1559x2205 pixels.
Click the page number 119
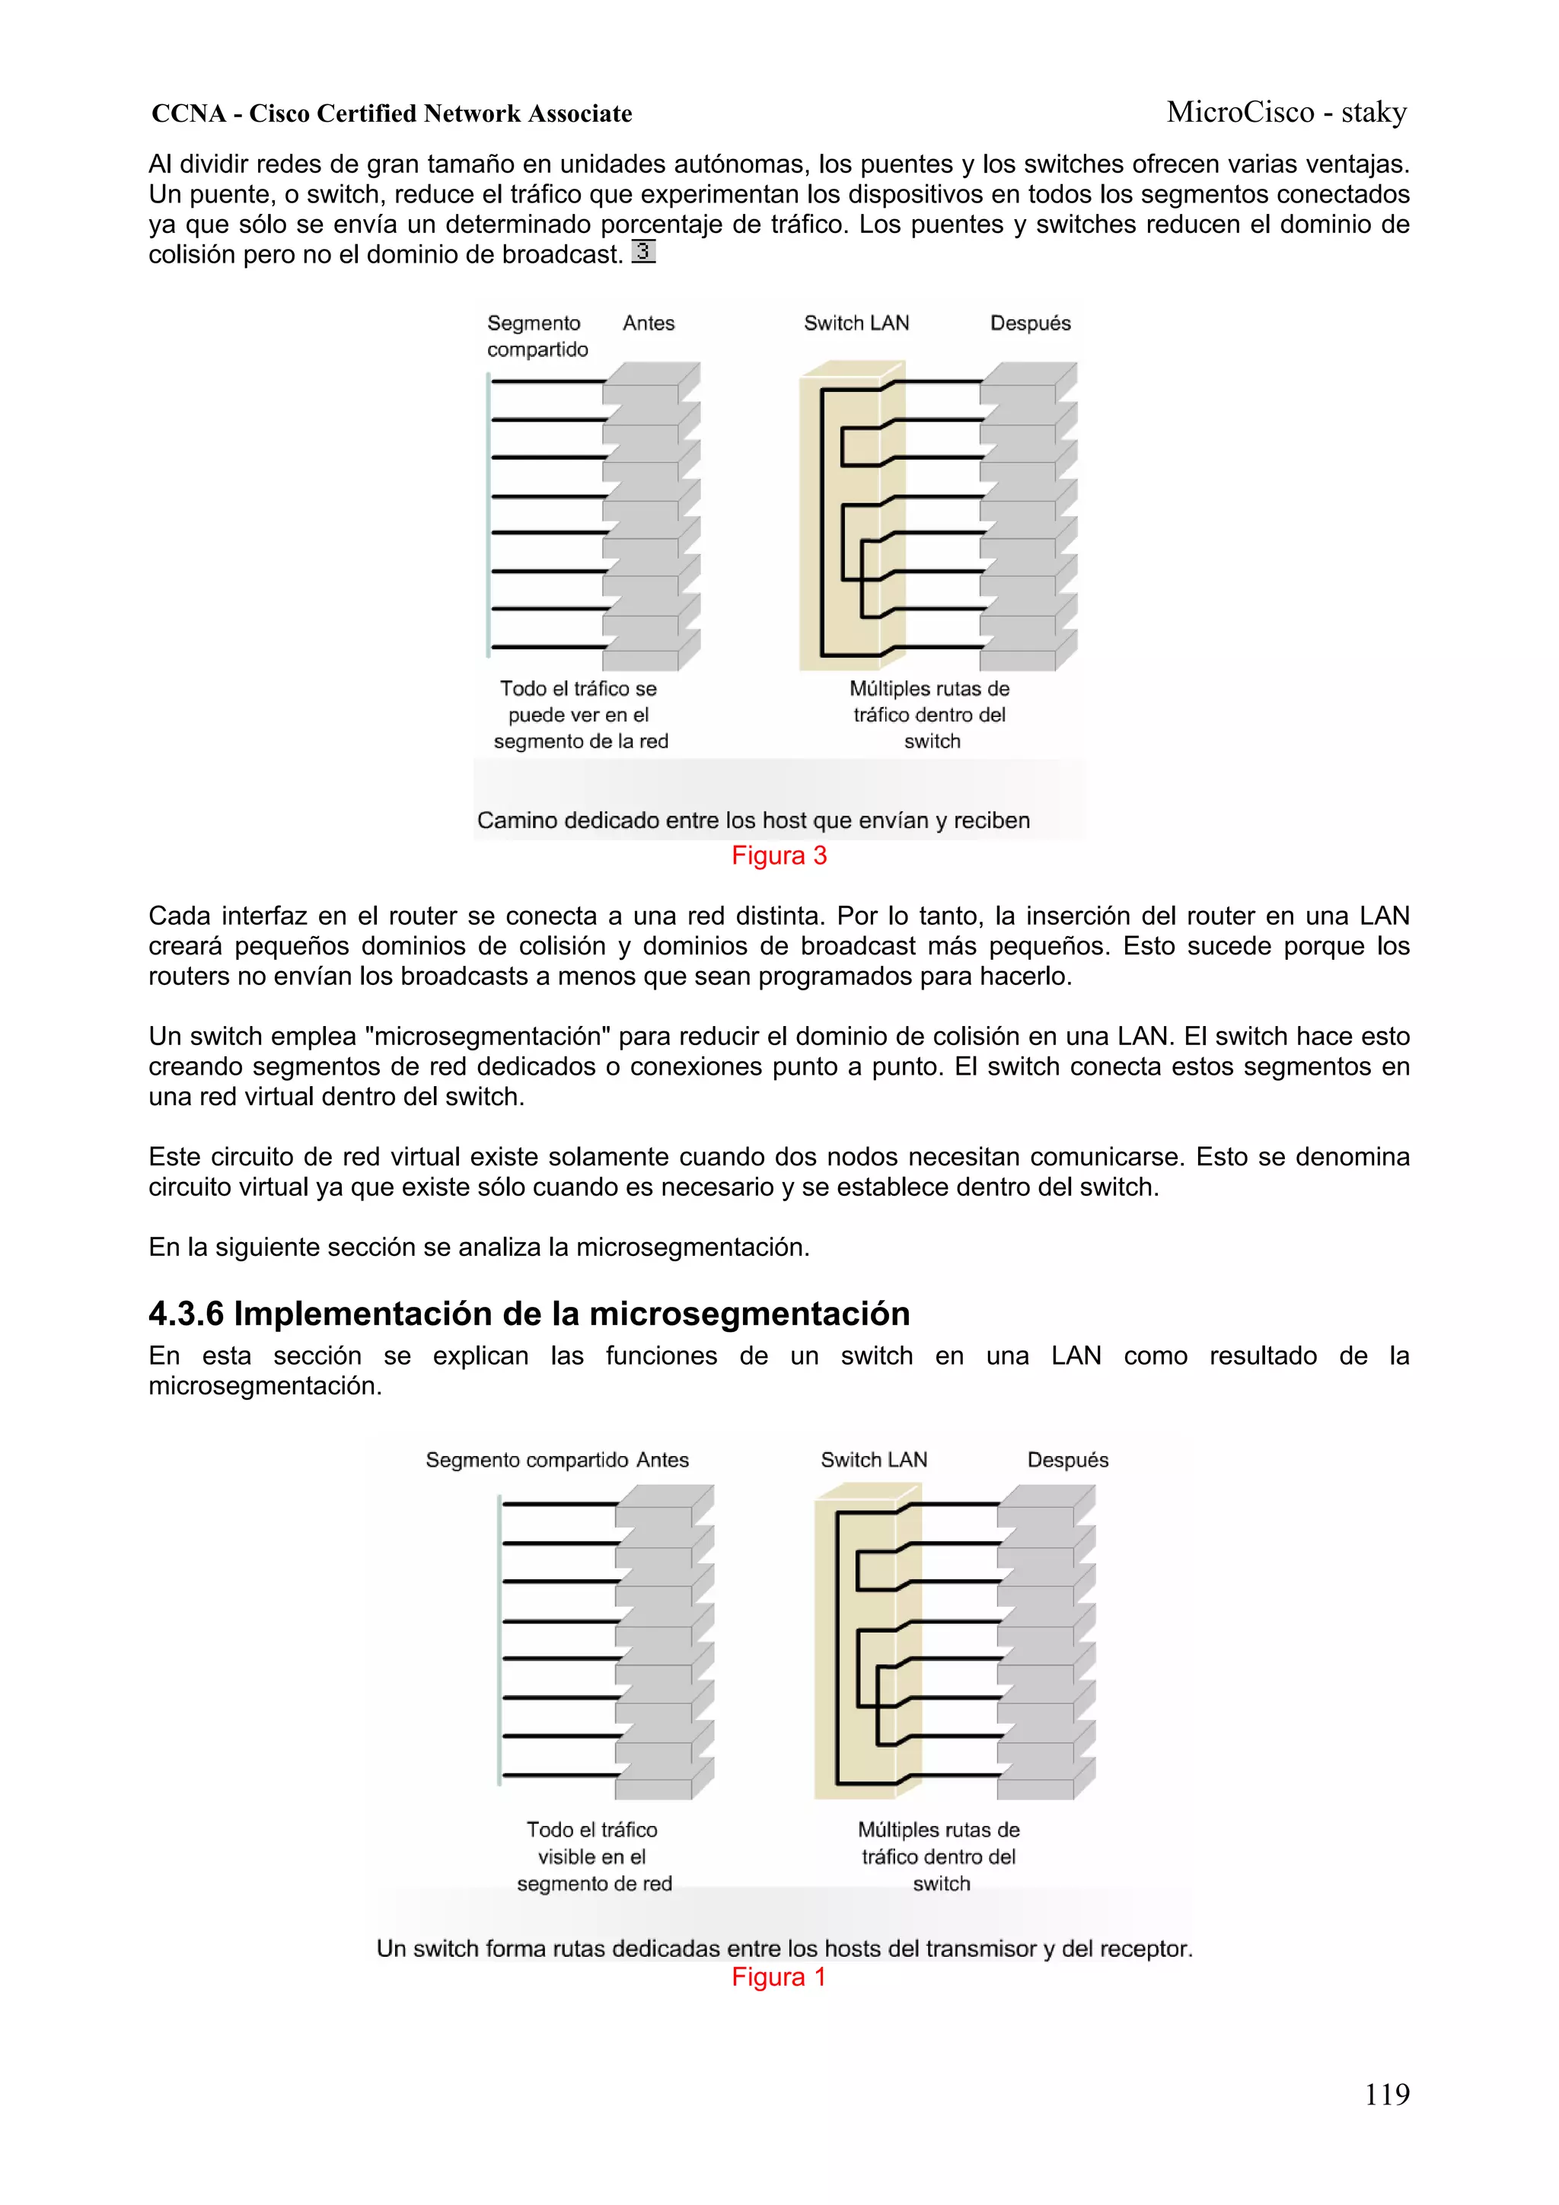(1386, 2094)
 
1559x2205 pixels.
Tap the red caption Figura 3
(778, 855)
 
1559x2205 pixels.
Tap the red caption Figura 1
(778, 1977)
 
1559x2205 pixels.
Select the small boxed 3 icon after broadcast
(642, 252)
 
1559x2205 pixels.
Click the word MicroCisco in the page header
(1239, 113)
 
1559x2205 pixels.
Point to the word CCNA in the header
(188, 113)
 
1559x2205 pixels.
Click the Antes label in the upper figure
(649, 323)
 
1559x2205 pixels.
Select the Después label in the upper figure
(1030, 323)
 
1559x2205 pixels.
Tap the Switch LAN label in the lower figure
(873, 1460)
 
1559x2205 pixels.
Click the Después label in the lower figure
(1067, 1460)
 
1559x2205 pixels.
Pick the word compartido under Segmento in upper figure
(537, 349)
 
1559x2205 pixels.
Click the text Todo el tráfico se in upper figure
(579, 689)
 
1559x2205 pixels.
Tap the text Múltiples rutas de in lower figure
(938, 1830)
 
